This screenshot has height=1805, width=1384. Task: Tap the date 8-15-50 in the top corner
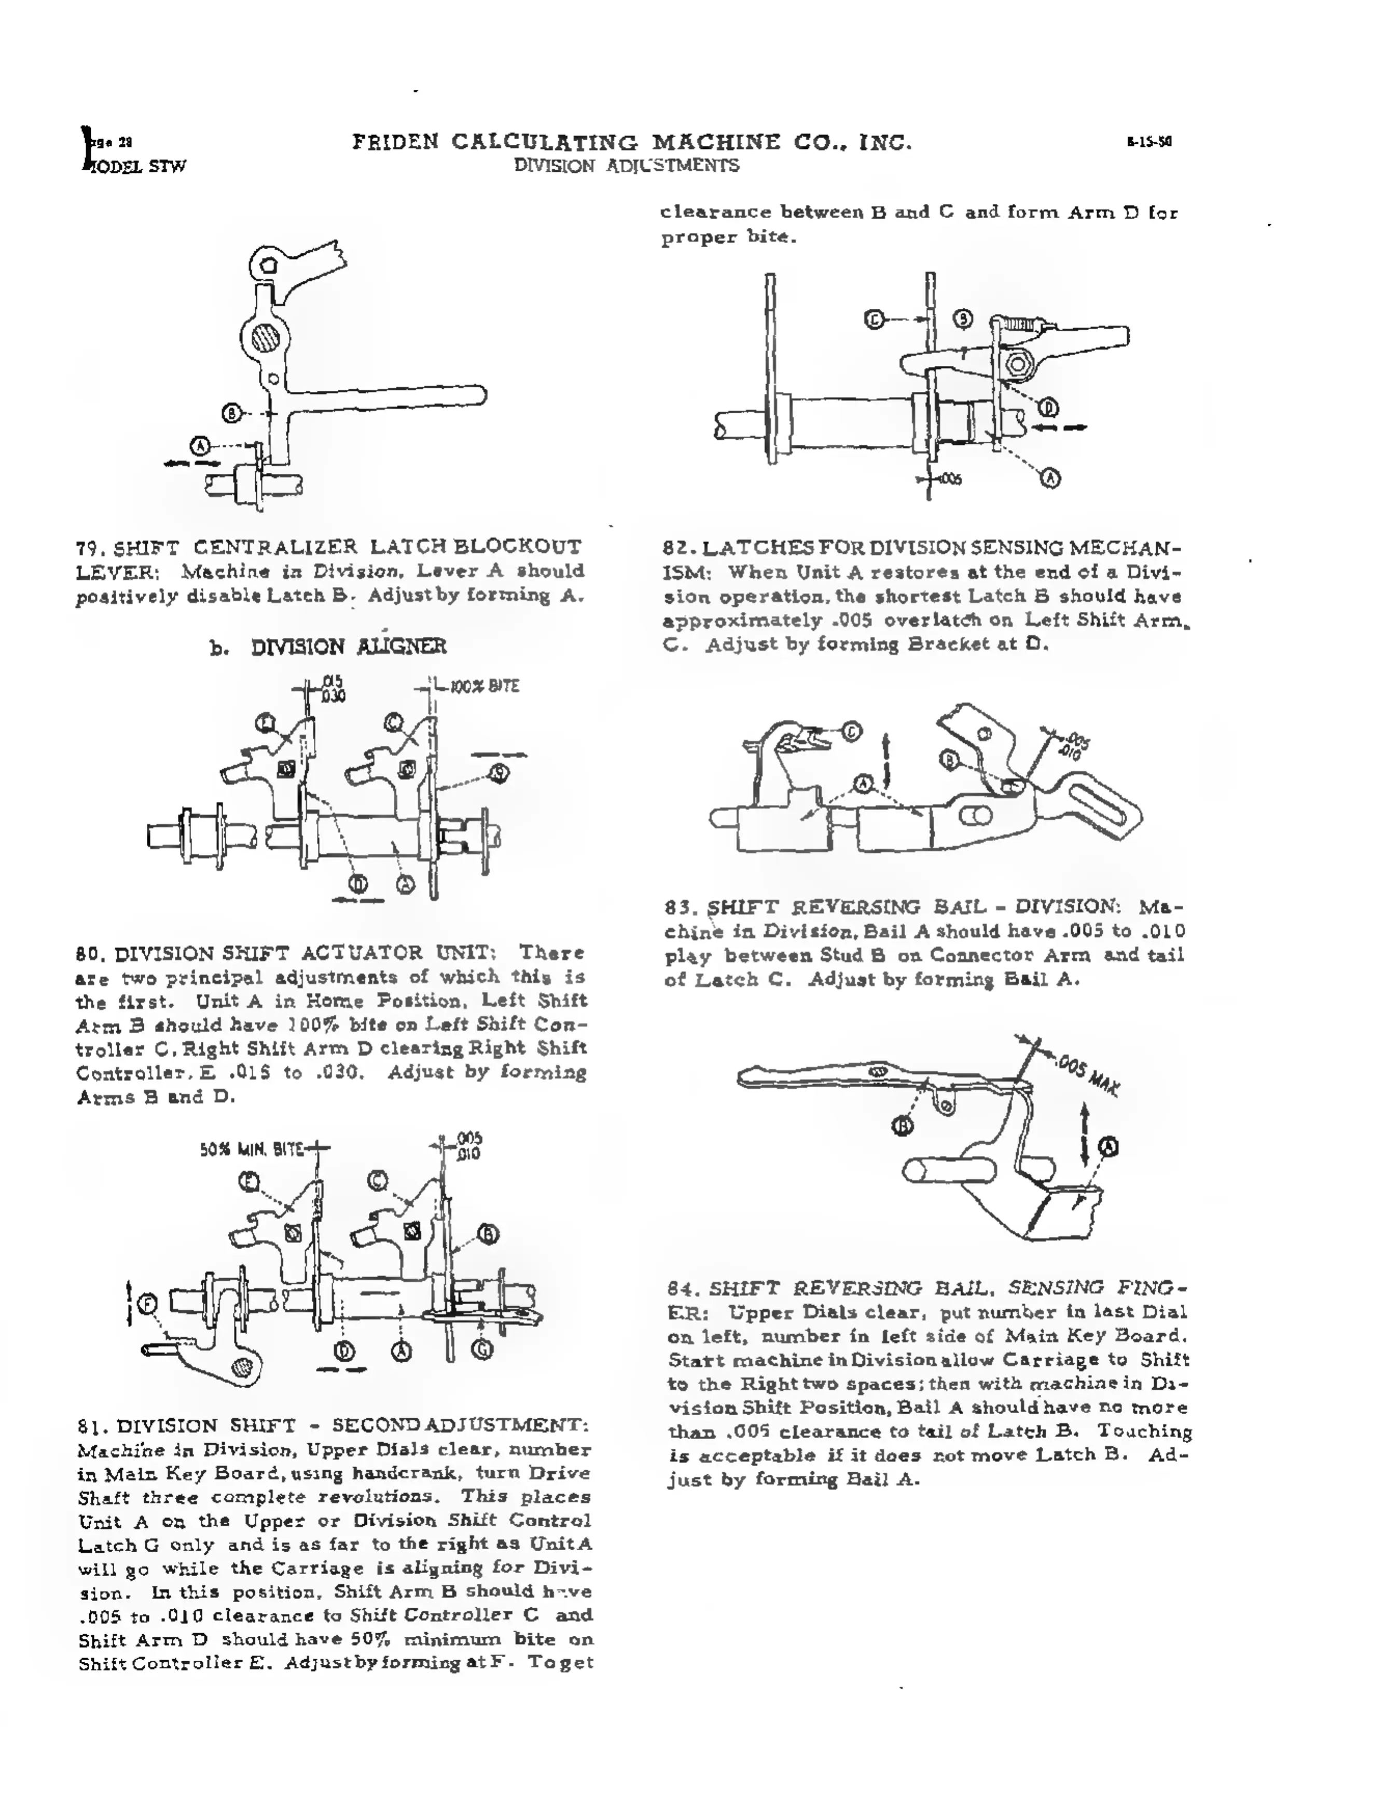click(x=1148, y=142)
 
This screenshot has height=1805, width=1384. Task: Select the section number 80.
click(x=87, y=954)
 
